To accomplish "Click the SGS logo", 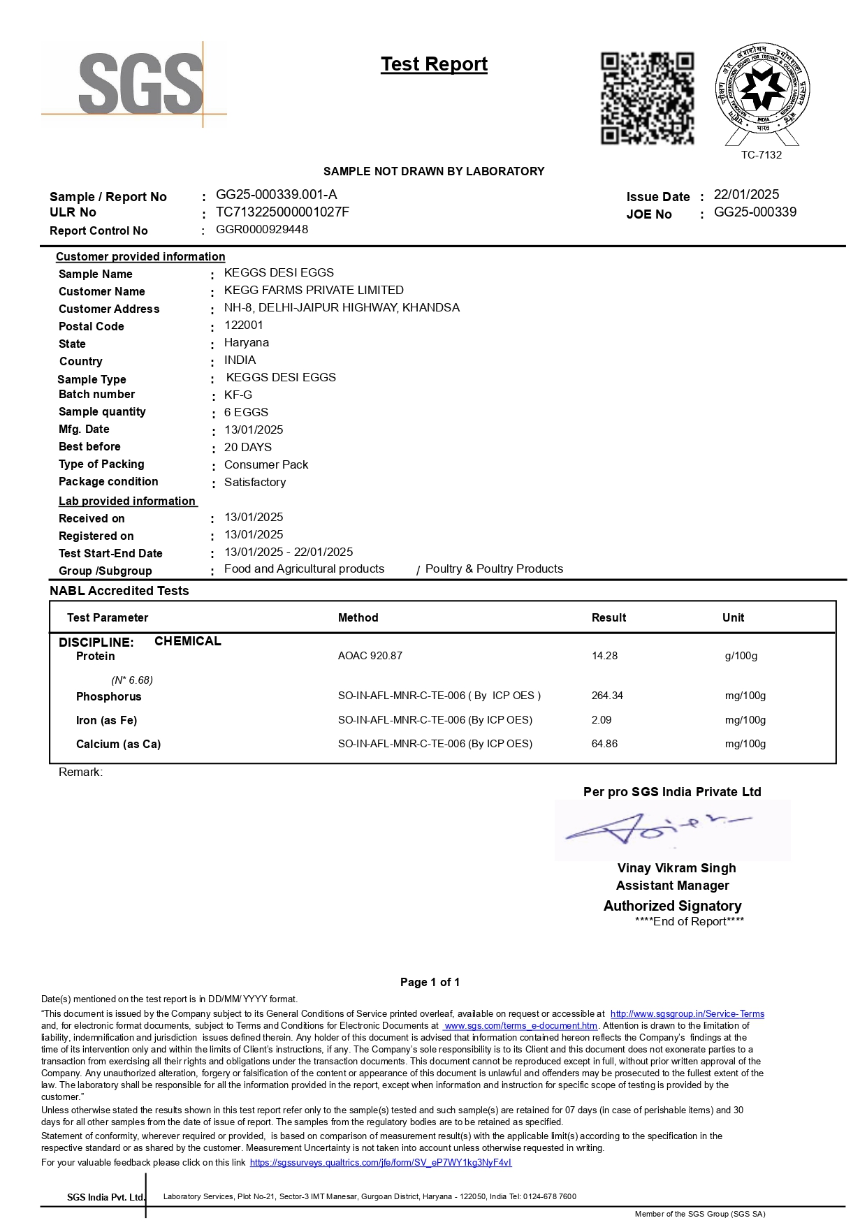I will pyautogui.click(x=140, y=84).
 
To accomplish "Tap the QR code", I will pyautogui.click(x=647, y=98).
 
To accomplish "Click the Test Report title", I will pyautogui.click(x=434, y=64).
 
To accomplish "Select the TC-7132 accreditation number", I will pyautogui.click(x=761, y=155).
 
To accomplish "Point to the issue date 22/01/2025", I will pyautogui.click(x=746, y=195).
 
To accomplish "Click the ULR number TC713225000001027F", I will pyautogui.click(x=282, y=212).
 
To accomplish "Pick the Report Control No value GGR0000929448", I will pyautogui.click(x=262, y=229).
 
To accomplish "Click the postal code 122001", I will pyautogui.click(x=244, y=325).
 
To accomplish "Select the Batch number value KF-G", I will pyautogui.click(x=238, y=395).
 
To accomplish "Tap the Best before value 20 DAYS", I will pyautogui.click(x=248, y=447).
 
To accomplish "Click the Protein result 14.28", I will pyautogui.click(x=604, y=656).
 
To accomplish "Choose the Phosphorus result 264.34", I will pyautogui.click(x=607, y=696).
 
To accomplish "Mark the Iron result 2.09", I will pyautogui.click(x=602, y=719).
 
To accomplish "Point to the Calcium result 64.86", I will pyautogui.click(x=604, y=744).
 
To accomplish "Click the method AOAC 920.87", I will pyautogui.click(x=370, y=656).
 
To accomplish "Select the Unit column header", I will pyautogui.click(x=733, y=617).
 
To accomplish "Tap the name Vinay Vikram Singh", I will pyautogui.click(x=676, y=868).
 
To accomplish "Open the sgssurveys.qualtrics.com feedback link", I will pyautogui.click(x=381, y=1163).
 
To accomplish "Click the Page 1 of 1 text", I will pyautogui.click(x=430, y=982).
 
